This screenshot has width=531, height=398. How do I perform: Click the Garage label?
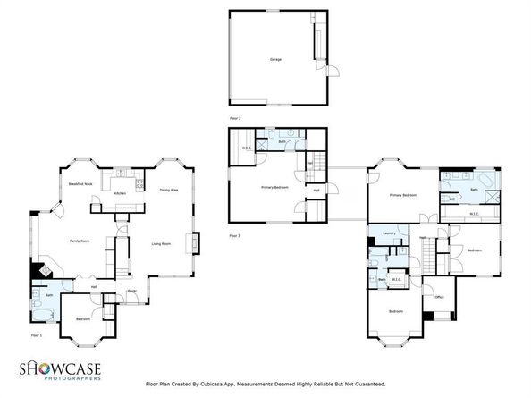(x=275, y=59)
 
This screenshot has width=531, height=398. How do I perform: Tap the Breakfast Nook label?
(x=81, y=183)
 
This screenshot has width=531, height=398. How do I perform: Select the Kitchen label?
(x=119, y=193)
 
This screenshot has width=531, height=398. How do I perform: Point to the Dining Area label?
(x=169, y=190)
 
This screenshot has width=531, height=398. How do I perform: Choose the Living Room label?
(x=161, y=244)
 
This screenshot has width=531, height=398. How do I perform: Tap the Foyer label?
(x=131, y=291)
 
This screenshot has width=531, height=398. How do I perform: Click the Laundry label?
(x=389, y=233)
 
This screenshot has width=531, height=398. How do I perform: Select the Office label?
(x=439, y=297)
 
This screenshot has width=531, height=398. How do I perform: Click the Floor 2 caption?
(x=235, y=117)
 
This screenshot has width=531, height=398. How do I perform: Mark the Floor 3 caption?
(x=235, y=235)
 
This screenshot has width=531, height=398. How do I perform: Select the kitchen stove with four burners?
(x=137, y=184)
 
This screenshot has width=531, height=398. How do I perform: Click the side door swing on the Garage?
(x=328, y=72)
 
